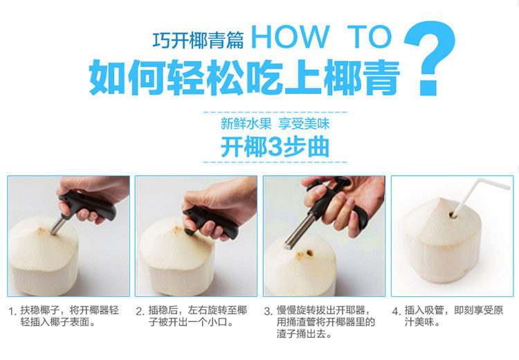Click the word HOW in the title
tap(291, 37)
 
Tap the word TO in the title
tap(370, 37)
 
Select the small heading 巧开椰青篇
tap(198, 40)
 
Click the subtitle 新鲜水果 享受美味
tap(275, 124)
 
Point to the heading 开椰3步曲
tap(275, 147)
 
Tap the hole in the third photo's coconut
tap(310, 253)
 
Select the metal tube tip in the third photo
tap(288, 246)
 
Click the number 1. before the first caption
tap(12, 312)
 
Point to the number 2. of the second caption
tap(140, 312)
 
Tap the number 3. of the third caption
tap(268, 312)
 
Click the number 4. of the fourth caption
tap(397, 312)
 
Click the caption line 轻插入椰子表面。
tap(58, 322)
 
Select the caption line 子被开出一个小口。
tap(192, 322)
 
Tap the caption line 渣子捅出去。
tap(304, 334)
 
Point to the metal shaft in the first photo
tap(59, 224)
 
